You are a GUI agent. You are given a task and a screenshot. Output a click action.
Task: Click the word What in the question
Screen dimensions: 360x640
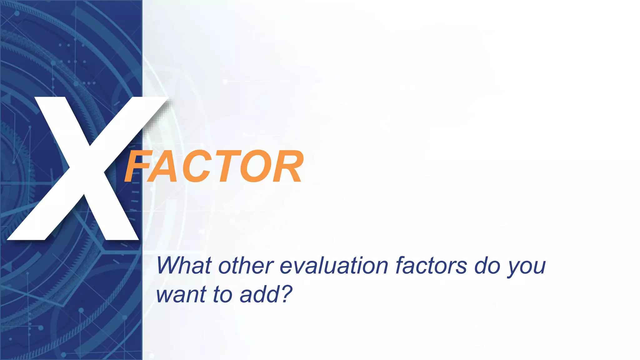tap(184, 266)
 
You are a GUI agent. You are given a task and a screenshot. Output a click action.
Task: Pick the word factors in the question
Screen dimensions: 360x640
tap(431, 266)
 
